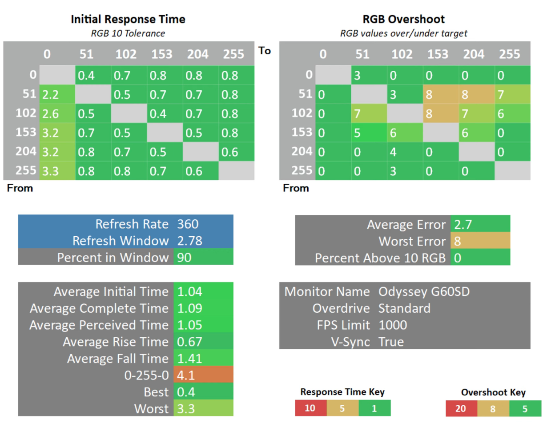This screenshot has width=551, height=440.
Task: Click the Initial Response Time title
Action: click(128, 19)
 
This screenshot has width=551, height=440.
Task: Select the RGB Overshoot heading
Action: click(404, 19)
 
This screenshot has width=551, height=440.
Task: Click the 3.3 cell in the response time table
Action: click(57, 170)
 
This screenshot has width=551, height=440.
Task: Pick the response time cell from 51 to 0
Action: click(57, 94)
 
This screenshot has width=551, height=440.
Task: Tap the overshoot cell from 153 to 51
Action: click(369, 133)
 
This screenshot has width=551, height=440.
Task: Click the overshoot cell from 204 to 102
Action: click(405, 152)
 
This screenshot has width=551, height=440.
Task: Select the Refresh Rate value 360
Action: click(188, 224)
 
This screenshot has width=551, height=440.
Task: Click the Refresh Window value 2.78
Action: click(190, 241)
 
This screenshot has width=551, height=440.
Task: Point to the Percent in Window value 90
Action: click(184, 258)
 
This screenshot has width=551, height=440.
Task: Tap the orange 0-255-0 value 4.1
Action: click(203, 375)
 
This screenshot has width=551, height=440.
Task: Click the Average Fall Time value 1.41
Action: click(190, 358)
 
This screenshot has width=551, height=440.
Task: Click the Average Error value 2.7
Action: click(463, 224)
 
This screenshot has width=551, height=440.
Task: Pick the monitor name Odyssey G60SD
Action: click(424, 291)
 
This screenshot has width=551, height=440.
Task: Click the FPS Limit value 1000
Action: click(393, 325)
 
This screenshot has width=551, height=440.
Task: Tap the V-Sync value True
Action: click(391, 342)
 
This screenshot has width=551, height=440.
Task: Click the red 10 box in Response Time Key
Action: click(311, 408)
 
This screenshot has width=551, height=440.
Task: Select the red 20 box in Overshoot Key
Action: click(461, 408)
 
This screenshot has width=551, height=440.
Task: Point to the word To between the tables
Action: click(265, 50)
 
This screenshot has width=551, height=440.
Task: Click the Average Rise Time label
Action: click(116, 342)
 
